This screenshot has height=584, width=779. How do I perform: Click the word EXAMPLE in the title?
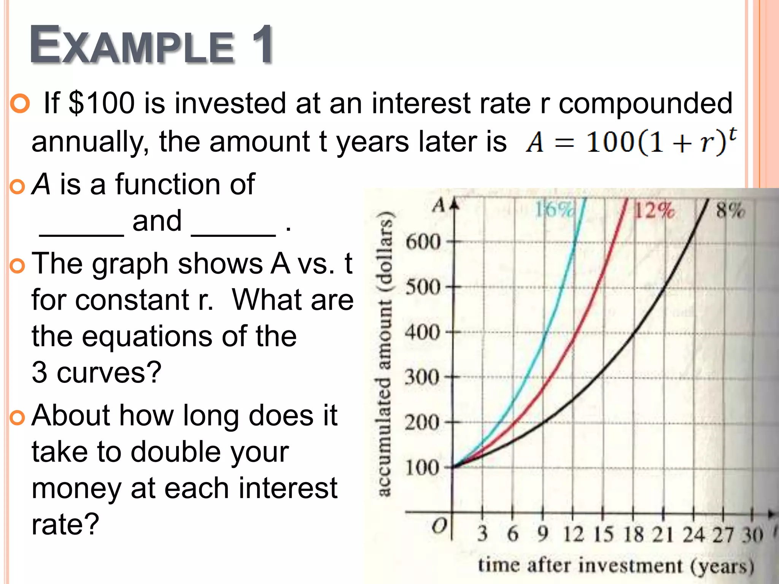click(131, 46)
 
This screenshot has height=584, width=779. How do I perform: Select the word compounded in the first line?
click(645, 103)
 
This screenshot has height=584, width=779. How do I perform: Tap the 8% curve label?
click(730, 210)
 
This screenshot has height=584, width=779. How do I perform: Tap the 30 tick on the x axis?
click(753, 534)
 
